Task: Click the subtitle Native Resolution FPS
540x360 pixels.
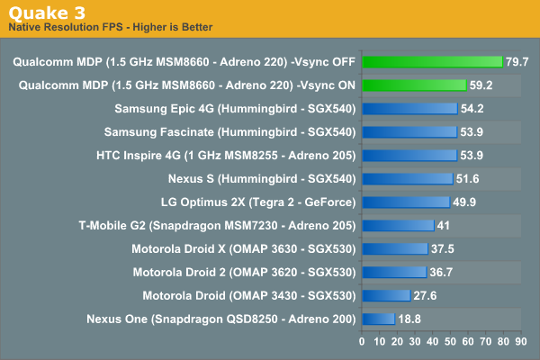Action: click(x=110, y=27)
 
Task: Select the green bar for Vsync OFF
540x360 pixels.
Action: click(x=432, y=61)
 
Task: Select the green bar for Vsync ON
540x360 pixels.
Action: click(x=413, y=85)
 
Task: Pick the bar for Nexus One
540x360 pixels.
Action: click(x=377, y=318)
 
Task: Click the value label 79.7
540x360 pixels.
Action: click(x=517, y=61)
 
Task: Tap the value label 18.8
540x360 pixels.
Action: click(x=411, y=318)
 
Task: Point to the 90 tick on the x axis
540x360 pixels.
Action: click(x=519, y=342)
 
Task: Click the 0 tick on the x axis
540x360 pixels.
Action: click(x=362, y=342)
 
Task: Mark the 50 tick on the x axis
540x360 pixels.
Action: click(x=449, y=342)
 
